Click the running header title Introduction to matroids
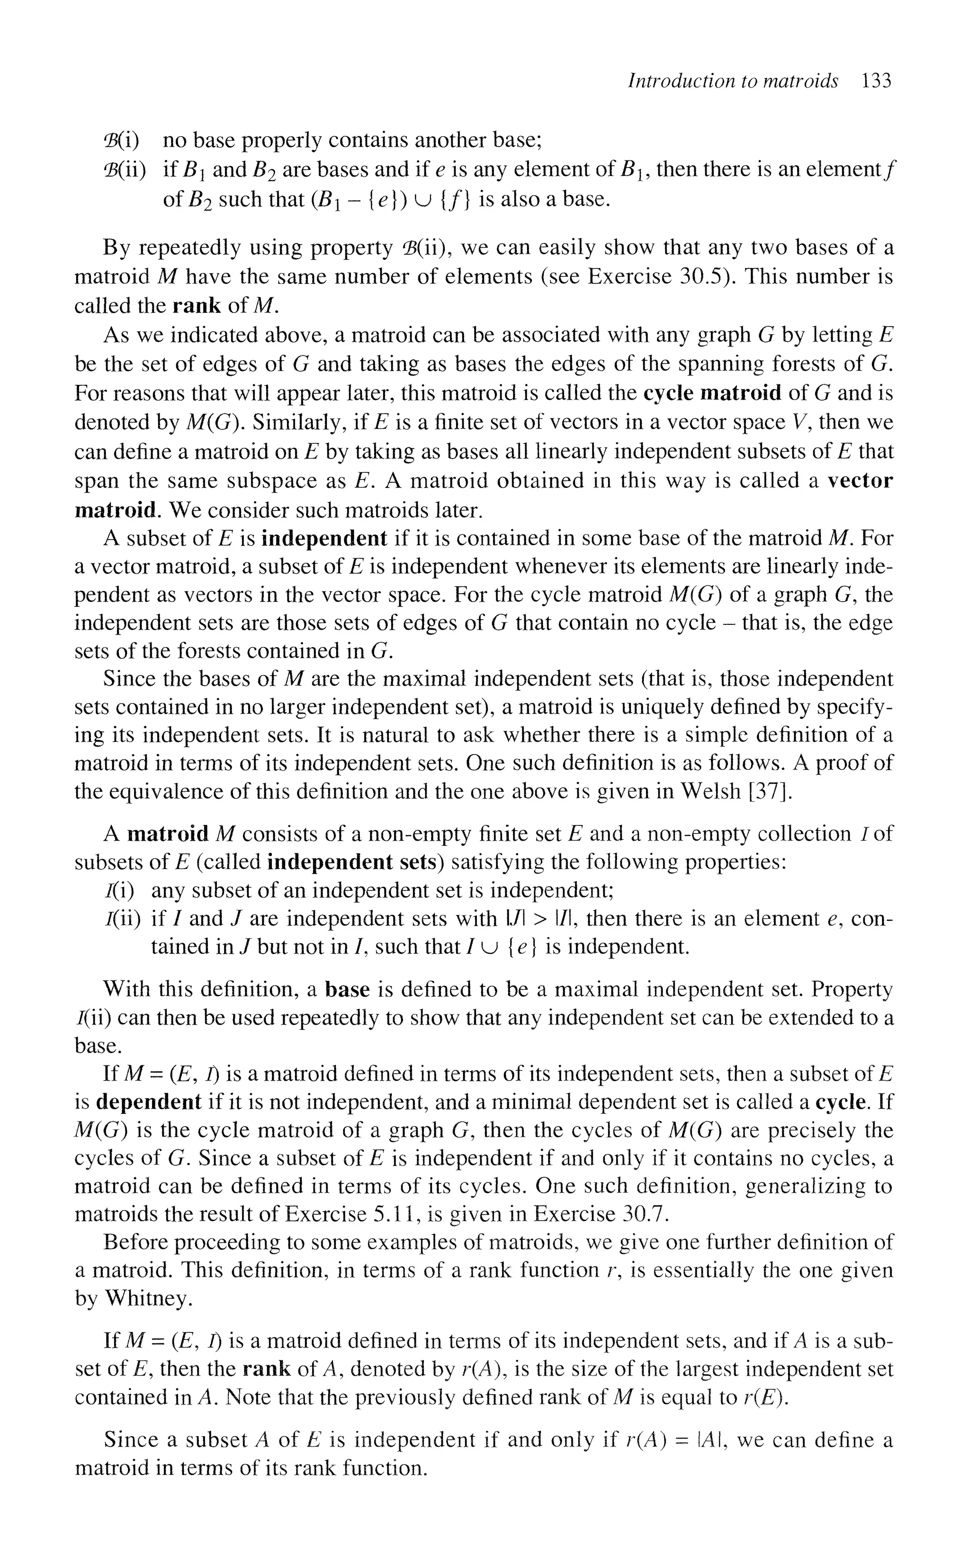pos(733,81)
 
